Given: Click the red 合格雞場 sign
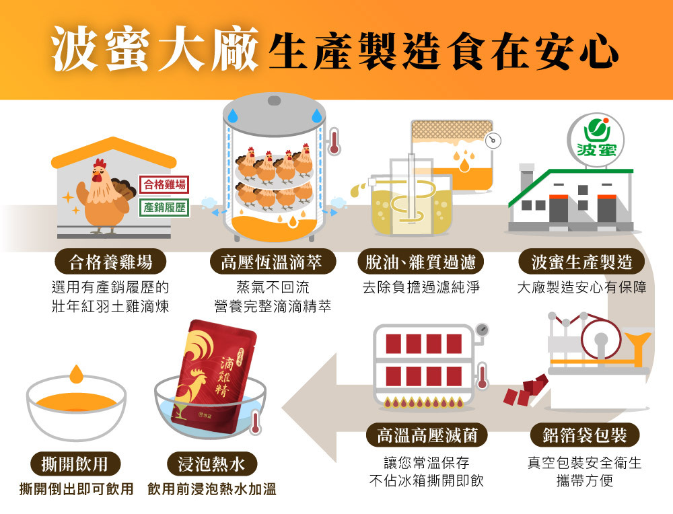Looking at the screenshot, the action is coord(164,184).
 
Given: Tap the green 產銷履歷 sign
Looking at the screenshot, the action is coord(164,208).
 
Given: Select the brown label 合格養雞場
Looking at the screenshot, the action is coord(111,262).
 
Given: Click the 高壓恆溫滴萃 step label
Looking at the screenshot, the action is coord(272,262).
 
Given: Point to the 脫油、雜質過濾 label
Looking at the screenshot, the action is coord(421,262).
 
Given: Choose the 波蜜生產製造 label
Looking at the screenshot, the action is coord(581,262).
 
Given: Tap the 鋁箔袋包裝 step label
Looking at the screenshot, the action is coord(585,435).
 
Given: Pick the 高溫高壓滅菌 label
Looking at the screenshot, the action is coord(427,435).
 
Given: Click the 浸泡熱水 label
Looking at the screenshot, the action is coord(211,464).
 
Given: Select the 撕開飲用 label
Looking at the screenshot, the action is coord(75,464).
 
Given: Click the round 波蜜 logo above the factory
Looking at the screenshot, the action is coord(596,139).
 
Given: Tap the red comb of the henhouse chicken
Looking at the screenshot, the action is coord(100,163).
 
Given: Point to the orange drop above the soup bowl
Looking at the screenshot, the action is coord(77,373).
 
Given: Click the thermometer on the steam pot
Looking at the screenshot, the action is coord(333,141).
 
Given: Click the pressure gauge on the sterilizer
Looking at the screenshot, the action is coord(482,330).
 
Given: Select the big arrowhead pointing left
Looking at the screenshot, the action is coord(309,408).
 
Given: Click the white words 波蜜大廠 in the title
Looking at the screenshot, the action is coord(155,48).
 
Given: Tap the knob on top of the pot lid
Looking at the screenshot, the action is coord(274,100).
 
